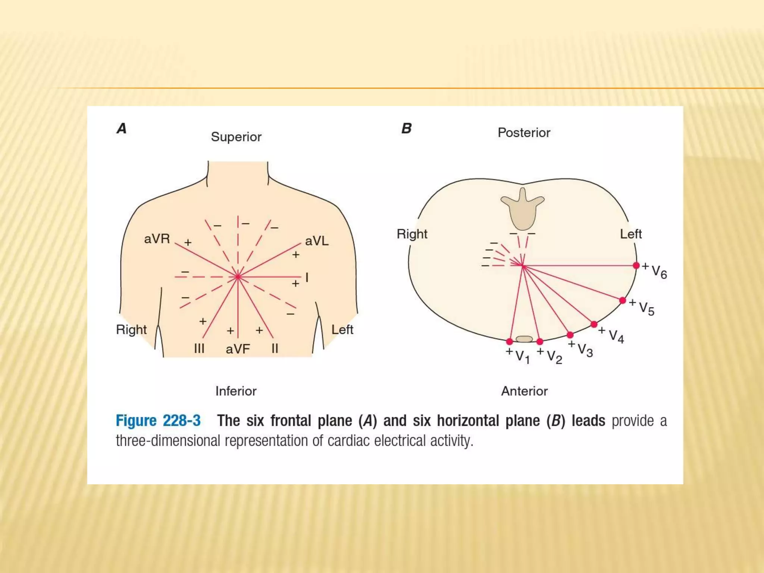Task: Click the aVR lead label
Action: pyautogui.click(x=157, y=239)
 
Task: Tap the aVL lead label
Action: pyautogui.click(x=317, y=241)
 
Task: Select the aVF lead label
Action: pyautogui.click(x=238, y=349)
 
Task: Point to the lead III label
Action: pyautogui.click(x=199, y=349)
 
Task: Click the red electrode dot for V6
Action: pyautogui.click(x=636, y=266)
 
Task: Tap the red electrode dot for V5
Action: pyautogui.click(x=622, y=300)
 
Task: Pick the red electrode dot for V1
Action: pyautogui.click(x=510, y=341)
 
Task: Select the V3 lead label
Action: pyautogui.click(x=585, y=350)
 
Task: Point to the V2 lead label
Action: pyautogui.click(x=554, y=357)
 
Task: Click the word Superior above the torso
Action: pyautogui.click(x=236, y=137)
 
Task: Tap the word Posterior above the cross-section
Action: pyautogui.click(x=524, y=133)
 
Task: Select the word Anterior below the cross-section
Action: pyautogui.click(x=524, y=391)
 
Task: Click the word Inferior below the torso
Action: pyautogui.click(x=236, y=391)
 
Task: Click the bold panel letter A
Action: pyautogui.click(x=122, y=129)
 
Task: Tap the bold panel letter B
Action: pyautogui.click(x=406, y=129)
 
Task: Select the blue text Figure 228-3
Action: pyautogui.click(x=158, y=421)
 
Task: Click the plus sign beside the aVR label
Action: pyautogui.click(x=188, y=243)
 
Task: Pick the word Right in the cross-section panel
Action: pyautogui.click(x=412, y=234)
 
